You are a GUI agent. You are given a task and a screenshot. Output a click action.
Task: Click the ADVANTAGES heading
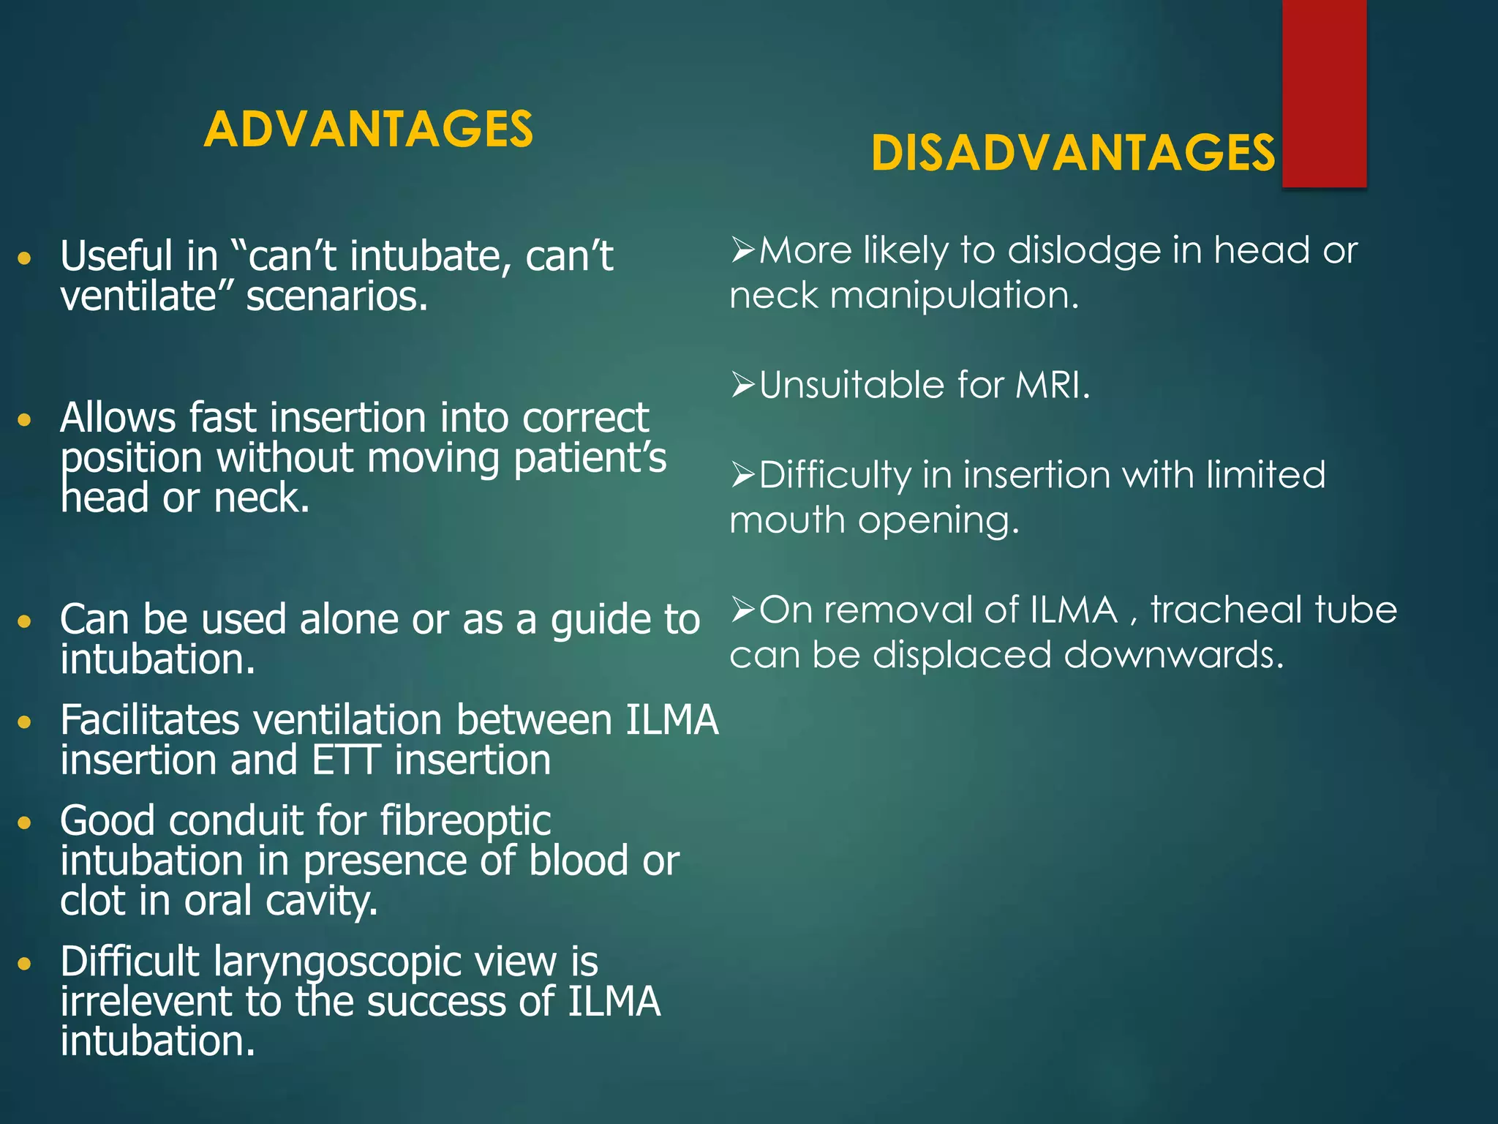(x=369, y=130)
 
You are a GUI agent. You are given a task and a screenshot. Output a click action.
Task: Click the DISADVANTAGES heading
(x=1073, y=154)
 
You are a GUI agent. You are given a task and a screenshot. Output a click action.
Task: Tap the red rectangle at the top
(x=1324, y=94)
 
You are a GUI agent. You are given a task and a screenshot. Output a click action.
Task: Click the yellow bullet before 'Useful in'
(x=25, y=258)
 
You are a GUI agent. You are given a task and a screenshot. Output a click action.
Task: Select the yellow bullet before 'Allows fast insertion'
(x=25, y=420)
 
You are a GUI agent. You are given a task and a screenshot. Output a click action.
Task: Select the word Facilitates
(x=149, y=720)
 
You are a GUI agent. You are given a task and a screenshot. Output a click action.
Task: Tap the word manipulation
(x=954, y=296)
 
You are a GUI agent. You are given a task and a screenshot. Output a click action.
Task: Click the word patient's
(x=590, y=459)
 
